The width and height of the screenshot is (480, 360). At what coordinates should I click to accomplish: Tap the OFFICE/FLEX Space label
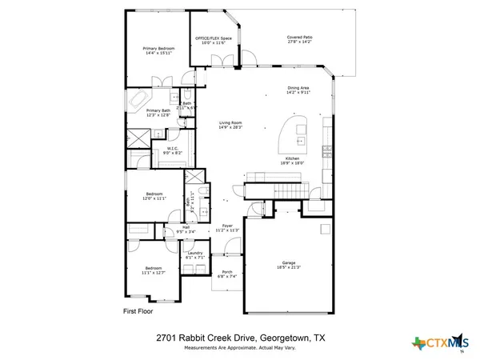click(214, 39)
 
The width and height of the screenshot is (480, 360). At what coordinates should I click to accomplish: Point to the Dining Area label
click(298, 90)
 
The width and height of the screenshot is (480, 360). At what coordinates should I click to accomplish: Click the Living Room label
click(230, 124)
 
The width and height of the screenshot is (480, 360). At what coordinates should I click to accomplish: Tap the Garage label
click(289, 262)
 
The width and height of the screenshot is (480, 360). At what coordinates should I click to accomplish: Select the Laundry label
click(196, 254)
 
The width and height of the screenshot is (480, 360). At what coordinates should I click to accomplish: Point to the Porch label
click(227, 274)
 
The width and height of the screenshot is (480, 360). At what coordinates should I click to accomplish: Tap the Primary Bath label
click(158, 112)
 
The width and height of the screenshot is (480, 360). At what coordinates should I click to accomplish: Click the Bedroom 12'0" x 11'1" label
click(155, 195)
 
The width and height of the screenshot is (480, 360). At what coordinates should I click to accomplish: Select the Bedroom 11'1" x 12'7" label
click(154, 270)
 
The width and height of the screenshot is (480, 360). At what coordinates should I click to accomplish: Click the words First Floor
click(137, 309)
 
